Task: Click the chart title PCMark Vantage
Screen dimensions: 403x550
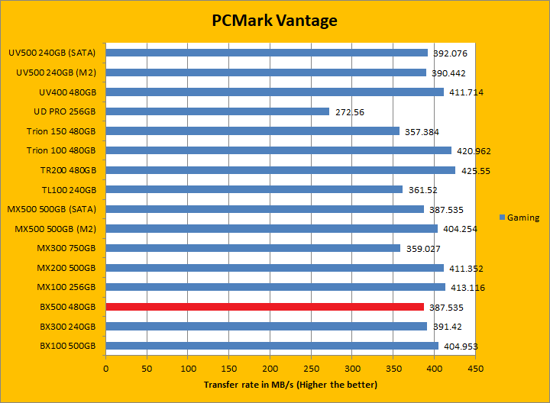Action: [274, 21]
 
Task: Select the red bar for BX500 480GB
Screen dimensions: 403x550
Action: [264, 307]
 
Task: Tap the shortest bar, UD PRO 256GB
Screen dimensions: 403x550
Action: [218, 111]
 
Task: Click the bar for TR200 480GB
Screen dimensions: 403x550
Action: [280, 170]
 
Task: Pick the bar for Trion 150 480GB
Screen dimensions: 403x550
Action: [253, 131]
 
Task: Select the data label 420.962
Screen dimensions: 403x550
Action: [471, 151]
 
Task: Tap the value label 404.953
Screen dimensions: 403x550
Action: [458, 347]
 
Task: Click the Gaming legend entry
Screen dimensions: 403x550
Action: [519, 218]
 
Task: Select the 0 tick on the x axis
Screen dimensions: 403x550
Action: [106, 369]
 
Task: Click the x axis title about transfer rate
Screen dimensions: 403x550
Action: [290, 385]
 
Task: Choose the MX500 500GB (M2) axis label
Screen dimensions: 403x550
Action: [55, 229]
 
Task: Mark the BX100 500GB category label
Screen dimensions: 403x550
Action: [67, 346]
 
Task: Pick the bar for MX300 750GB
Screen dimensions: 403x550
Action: [253, 248]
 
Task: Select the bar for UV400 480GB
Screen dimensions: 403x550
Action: [275, 92]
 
